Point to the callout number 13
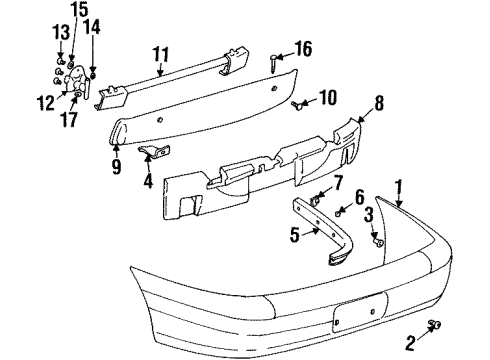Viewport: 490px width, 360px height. click(60, 35)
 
